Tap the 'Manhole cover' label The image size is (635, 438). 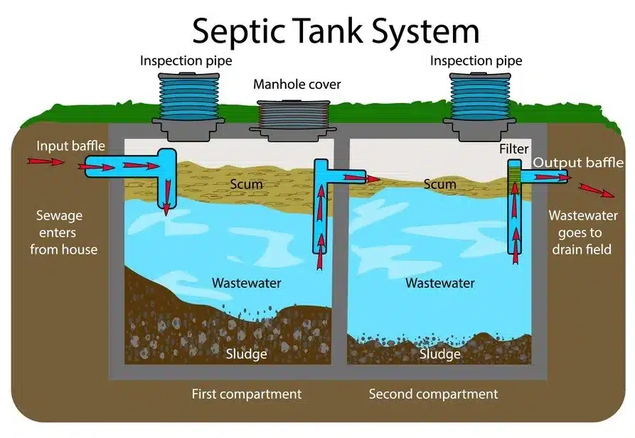297,85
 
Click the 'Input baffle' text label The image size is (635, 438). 71,146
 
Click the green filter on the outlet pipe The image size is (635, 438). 513,178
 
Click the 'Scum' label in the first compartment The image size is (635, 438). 246,184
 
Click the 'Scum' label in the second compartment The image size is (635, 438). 439,184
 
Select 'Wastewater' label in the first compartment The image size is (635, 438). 246,283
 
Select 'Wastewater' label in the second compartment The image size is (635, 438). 439,283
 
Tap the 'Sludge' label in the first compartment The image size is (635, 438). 246,354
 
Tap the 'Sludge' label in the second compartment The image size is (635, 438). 439,354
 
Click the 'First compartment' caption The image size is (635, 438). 246,394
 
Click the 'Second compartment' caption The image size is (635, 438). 433,394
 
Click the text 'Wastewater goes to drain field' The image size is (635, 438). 582,232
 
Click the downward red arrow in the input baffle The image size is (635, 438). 166,196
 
